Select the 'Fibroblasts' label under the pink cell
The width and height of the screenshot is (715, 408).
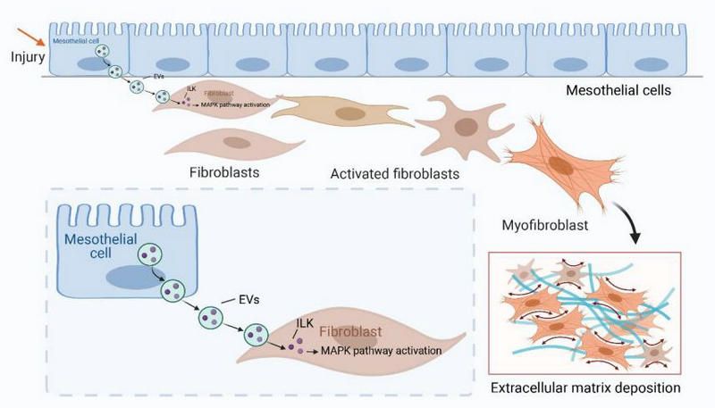[219, 169]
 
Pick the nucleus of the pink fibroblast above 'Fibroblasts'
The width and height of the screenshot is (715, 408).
[237, 141]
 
